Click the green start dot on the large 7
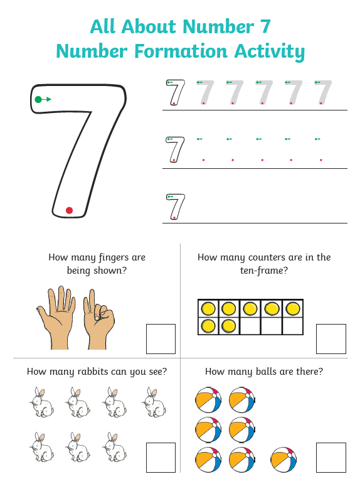38,99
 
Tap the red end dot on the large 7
69,210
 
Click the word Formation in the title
181,51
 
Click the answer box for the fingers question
161,339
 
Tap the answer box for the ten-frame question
331,339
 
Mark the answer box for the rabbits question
161,457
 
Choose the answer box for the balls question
331,457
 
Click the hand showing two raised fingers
98,320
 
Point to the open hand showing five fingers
57,318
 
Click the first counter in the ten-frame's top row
208,308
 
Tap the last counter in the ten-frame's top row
293,308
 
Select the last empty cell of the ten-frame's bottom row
292,326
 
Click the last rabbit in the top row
154,402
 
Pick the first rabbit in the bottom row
42,446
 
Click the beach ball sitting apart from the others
283,460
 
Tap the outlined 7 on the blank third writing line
176,207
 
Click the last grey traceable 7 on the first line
323,92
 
